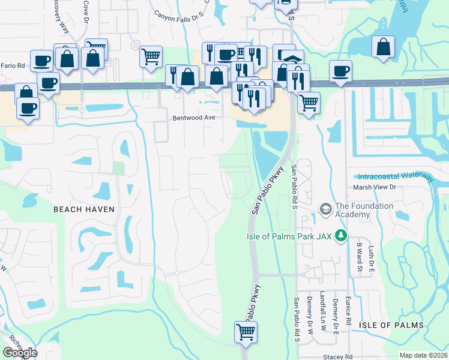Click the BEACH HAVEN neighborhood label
point(83,209)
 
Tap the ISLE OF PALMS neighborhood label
point(391,325)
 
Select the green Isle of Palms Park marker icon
point(342,235)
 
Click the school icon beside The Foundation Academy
point(326,209)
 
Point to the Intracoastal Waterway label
point(395,177)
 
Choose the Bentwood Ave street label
point(194,118)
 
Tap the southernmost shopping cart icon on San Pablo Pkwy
point(246,331)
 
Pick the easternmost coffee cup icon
point(340,71)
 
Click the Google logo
point(20,353)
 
